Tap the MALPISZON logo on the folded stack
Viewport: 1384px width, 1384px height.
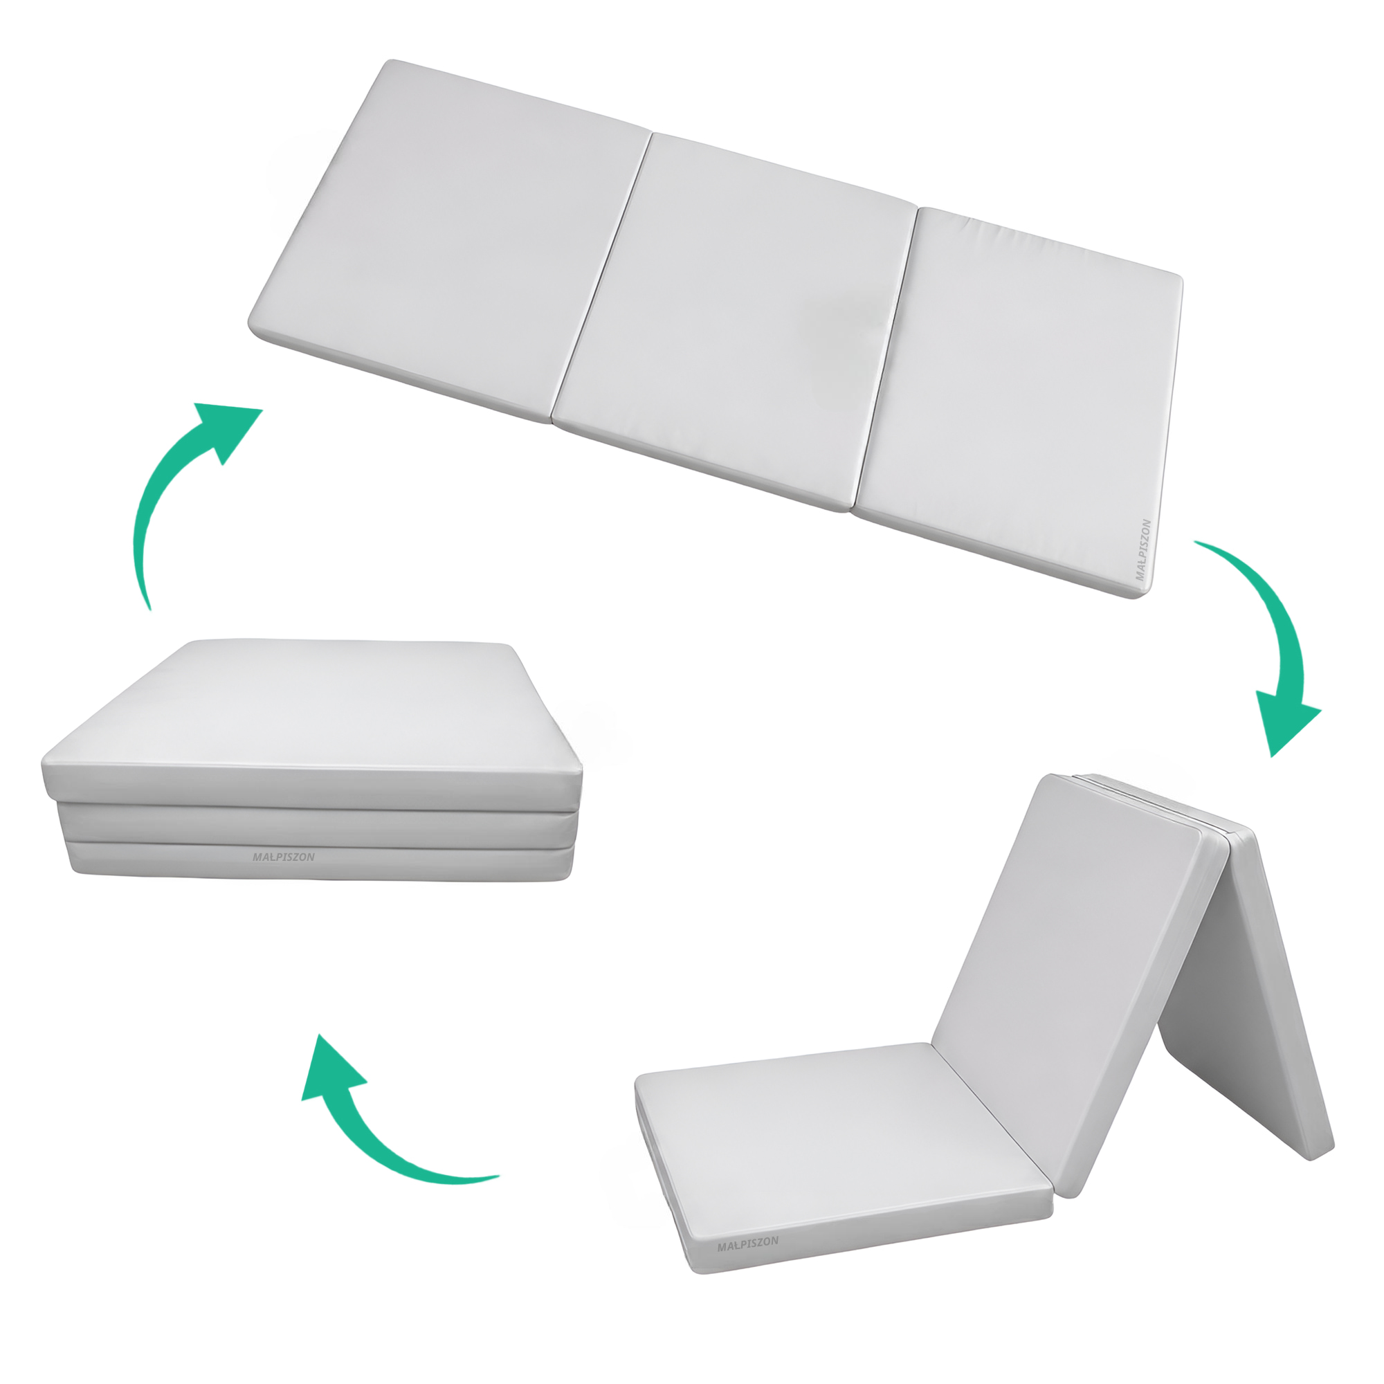point(283,857)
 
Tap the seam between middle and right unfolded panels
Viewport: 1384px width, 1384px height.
point(887,358)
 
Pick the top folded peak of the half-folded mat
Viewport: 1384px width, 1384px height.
point(1146,781)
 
